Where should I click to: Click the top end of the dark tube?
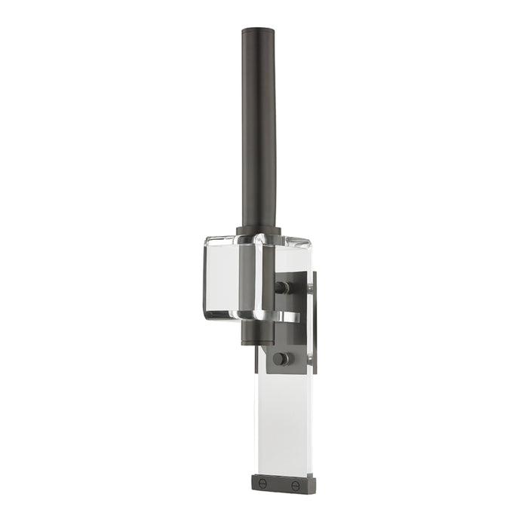click(259, 32)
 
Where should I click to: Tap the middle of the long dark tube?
click(259, 128)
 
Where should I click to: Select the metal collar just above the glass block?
click(259, 230)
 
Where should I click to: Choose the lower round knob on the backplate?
click(281, 358)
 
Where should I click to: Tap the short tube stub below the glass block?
click(253, 332)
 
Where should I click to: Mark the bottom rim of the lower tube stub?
click(253, 343)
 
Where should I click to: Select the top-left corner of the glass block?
click(207, 240)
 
